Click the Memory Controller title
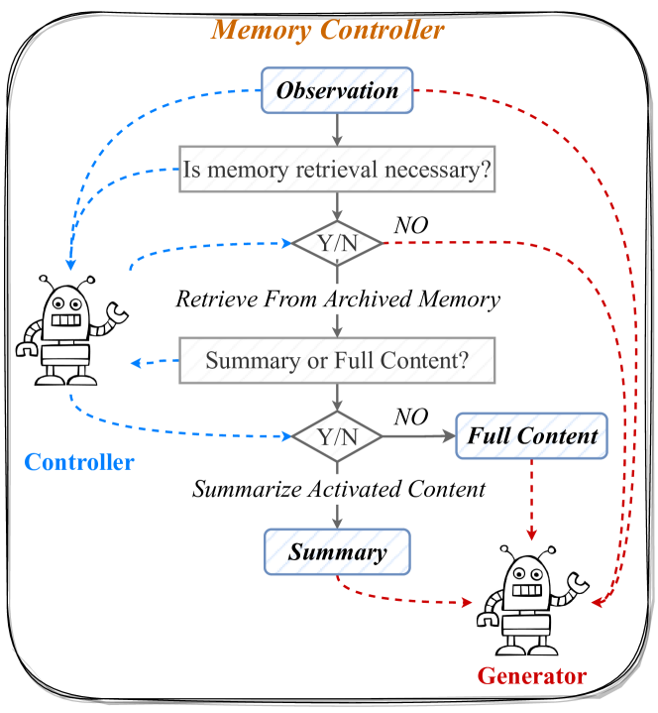(328, 30)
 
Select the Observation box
(337, 91)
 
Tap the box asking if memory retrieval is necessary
(337, 170)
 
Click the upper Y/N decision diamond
(337, 242)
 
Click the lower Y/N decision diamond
(337, 435)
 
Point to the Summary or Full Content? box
(337, 360)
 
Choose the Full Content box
(532, 435)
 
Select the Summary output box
(337, 550)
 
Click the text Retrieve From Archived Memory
(337, 298)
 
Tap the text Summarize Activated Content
(338, 489)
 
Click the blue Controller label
(79, 462)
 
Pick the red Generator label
(532, 677)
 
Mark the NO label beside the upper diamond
(411, 226)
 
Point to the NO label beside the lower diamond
(411, 416)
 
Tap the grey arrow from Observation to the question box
(338, 129)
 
